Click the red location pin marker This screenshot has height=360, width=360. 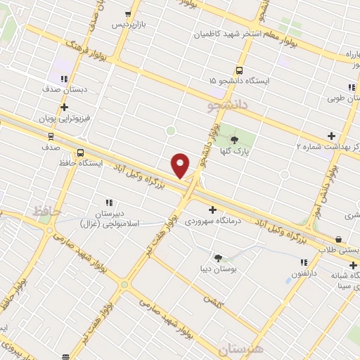point(181,166)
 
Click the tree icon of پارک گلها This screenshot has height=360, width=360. point(234,139)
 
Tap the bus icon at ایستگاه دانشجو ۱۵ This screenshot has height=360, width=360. point(240,70)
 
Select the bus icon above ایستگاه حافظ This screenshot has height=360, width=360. point(81,152)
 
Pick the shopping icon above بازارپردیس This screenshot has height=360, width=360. point(127,14)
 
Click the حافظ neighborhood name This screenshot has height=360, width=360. point(48,210)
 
